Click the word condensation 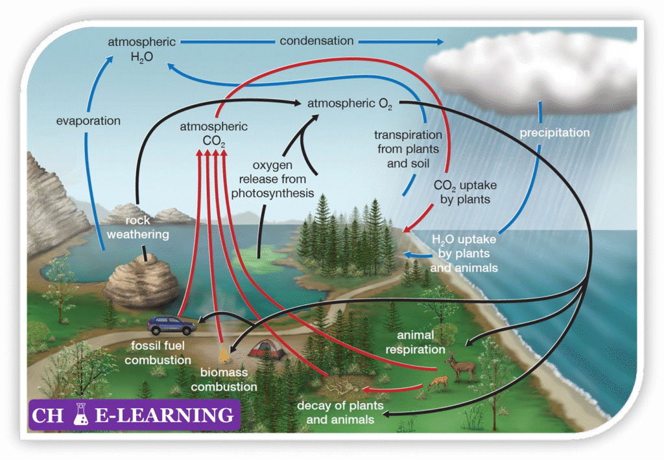[x=316, y=41]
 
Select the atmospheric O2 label [x=350, y=104]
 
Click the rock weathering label [x=137, y=227]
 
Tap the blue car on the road [x=171, y=324]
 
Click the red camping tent [x=268, y=350]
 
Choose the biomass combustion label [x=228, y=380]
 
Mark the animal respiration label [x=415, y=343]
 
